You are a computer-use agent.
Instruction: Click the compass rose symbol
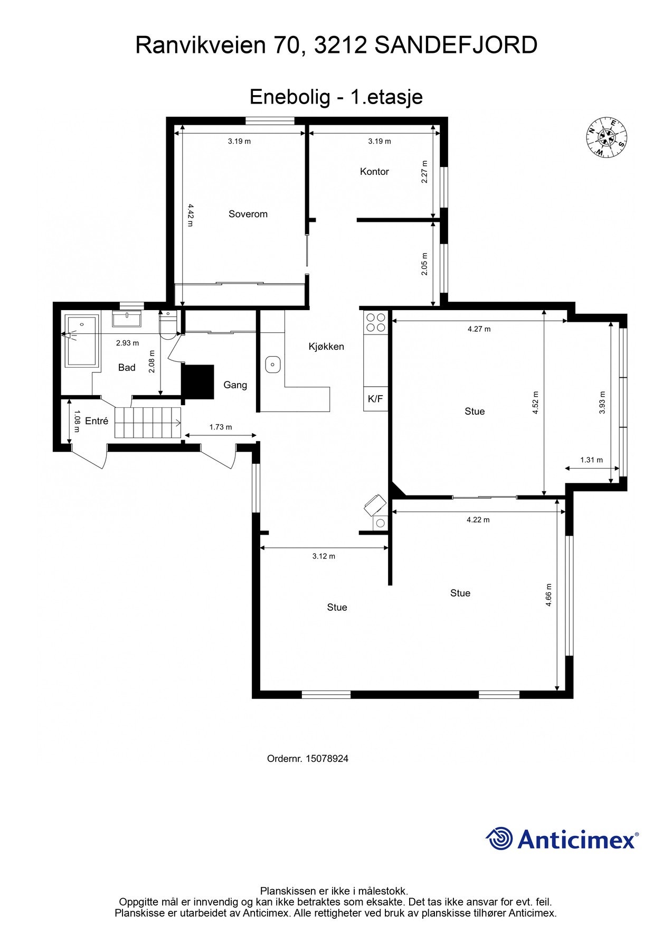click(607, 137)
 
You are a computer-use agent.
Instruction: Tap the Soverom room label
click(248, 214)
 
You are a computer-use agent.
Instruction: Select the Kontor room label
click(374, 171)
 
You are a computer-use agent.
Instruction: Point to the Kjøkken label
click(326, 347)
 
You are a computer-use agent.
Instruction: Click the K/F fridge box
click(375, 399)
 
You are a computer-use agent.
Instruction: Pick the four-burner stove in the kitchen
click(375, 322)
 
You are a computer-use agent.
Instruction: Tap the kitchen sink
click(272, 364)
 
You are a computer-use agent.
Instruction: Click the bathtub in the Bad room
click(81, 341)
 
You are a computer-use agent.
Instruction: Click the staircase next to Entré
click(148, 423)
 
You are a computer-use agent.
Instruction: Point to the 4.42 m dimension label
click(190, 216)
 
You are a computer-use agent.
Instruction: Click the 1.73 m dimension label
click(221, 427)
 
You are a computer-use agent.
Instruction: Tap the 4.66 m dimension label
click(548, 594)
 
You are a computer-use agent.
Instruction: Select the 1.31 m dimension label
click(591, 460)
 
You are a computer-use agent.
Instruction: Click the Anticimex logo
click(562, 839)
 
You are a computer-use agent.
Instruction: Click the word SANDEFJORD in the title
click(456, 45)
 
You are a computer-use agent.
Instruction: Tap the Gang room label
click(235, 385)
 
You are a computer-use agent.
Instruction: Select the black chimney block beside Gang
click(198, 381)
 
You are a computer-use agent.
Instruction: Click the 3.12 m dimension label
click(324, 556)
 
